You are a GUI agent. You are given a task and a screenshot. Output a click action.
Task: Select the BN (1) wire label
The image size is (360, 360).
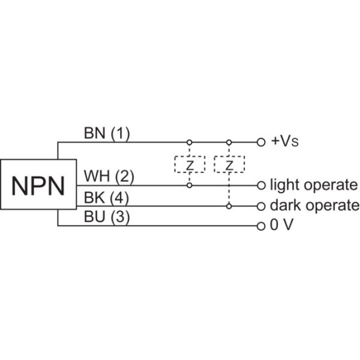click(x=107, y=133)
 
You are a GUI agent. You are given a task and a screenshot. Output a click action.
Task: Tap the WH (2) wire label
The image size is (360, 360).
click(x=109, y=176)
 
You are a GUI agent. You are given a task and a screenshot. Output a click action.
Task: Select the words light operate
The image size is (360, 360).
click(x=314, y=185)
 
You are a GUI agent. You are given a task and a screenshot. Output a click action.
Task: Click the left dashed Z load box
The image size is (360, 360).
click(x=189, y=164)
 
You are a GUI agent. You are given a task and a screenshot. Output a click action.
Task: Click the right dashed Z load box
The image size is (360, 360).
click(x=229, y=164)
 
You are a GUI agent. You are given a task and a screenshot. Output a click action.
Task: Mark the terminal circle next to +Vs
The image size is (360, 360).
click(x=261, y=142)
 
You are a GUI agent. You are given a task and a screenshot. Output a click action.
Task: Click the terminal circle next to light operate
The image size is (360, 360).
click(x=261, y=185)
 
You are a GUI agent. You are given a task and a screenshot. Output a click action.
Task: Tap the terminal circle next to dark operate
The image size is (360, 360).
click(x=261, y=205)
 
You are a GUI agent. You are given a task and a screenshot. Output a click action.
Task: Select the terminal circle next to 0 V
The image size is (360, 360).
click(x=261, y=226)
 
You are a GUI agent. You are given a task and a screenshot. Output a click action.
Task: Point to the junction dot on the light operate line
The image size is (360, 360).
click(x=189, y=185)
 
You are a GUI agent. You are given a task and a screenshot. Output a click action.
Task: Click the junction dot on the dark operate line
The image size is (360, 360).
click(x=229, y=205)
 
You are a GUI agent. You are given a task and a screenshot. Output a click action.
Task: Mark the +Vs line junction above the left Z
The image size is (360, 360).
click(x=189, y=142)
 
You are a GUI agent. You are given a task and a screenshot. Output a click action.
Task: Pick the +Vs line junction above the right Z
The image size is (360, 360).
click(x=229, y=142)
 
